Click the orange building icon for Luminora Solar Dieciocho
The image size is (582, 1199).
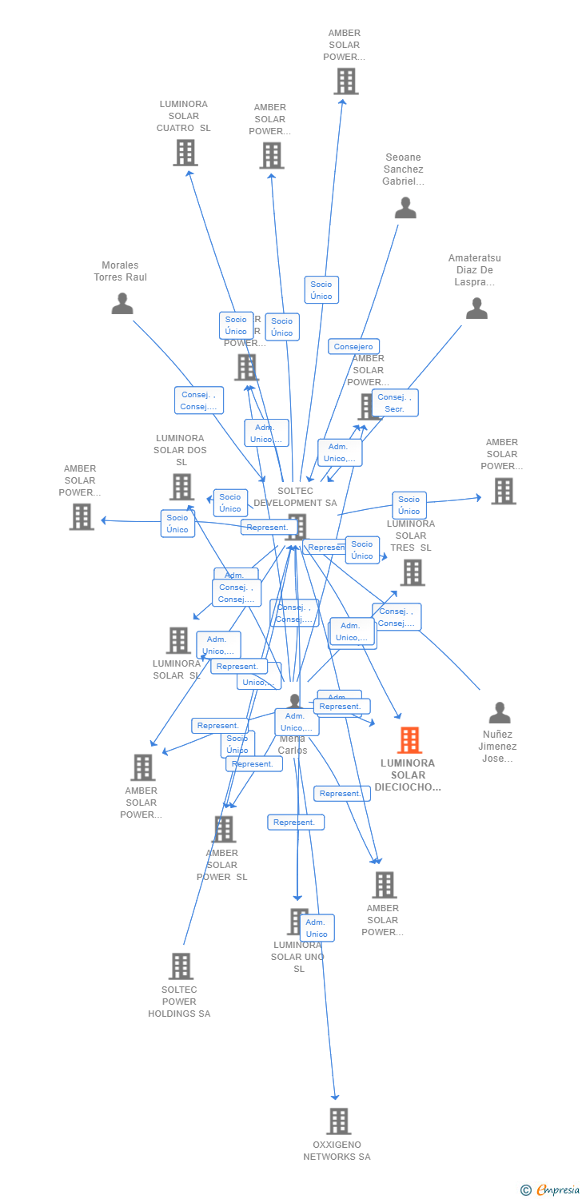pyautogui.click(x=409, y=740)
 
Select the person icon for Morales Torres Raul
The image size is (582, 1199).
pyautogui.click(x=122, y=304)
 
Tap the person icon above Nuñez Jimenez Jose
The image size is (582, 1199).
pyautogui.click(x=500, y=712)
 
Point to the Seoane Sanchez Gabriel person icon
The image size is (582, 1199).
pyautogui.click(x=405, y=208)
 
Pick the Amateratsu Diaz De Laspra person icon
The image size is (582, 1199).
pyautogui.click(x=476, y=309)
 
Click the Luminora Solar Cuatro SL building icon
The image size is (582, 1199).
pyautogui.click(x=185, y=152)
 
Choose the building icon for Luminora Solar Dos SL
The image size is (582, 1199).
pyautogui.click(x=181, y=486)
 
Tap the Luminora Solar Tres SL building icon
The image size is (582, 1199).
pyautogui.click(x=412, y=572)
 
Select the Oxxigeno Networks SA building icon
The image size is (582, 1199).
pyautogui.click(x=338, y=1121)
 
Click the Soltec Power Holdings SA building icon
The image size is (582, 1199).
pyautogui.click(x=181, y=966)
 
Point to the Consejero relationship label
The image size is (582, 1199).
pyautogui.click(x=353, y=347)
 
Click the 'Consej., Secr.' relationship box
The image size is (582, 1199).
pyautogui.click(x=395, y=403)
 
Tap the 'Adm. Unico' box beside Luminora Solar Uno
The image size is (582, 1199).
pyautogui.click(x=317, y=928)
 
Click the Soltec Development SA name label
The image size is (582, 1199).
pyautogui.click(x=295, y=497)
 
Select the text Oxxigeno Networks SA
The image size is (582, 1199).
pyautogui.click(x=337, y=1151)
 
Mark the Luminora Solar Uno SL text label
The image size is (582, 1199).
pyautogui.click(x=297, y=957)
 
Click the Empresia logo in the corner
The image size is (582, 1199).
pyautogui.click(x=557, y=1190)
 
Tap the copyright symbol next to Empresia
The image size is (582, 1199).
pyautogui.click(x=525, y=1190)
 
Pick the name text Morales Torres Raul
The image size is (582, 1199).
pyautogui.click(x=120, y=271)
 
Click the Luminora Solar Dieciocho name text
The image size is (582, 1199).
pyautogui.click(x=408, y=775)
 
